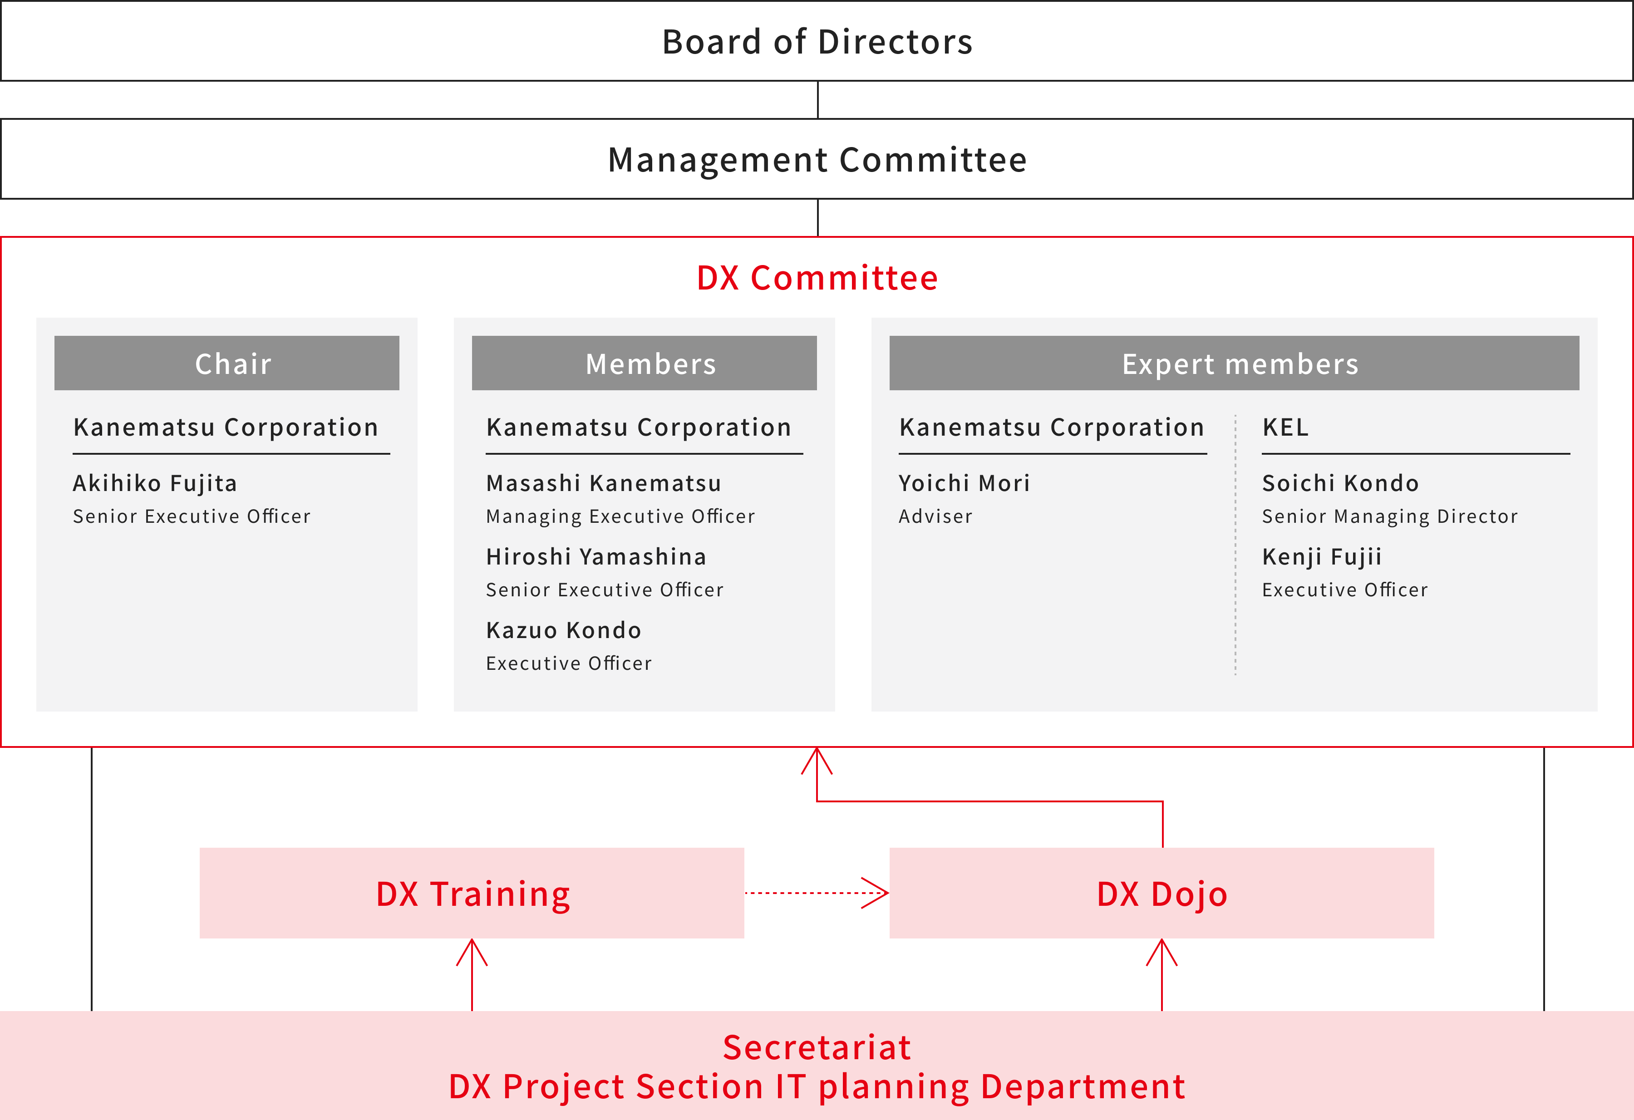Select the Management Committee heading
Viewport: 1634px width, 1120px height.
[x=817, y=160]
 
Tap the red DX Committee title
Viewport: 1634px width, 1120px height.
[x=817, y=278]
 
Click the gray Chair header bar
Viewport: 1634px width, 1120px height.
[x=226, y=363]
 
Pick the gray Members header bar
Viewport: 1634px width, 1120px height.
[x=644, y=363]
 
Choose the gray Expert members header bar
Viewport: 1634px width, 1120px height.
[x=1234, y=363]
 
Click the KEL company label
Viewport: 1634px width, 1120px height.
[x=1286, y=427]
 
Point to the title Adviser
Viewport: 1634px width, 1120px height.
[x=936, y=517]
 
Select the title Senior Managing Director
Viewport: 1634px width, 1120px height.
[x=1390, y=517]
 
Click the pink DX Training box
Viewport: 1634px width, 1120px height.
[x=472, y=893]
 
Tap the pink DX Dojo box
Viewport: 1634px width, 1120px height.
[x=1162, y=893]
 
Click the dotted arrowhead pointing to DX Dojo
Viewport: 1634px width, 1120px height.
[x=876, y=893]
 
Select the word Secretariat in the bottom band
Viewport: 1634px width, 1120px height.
[x=817, y=1047]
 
